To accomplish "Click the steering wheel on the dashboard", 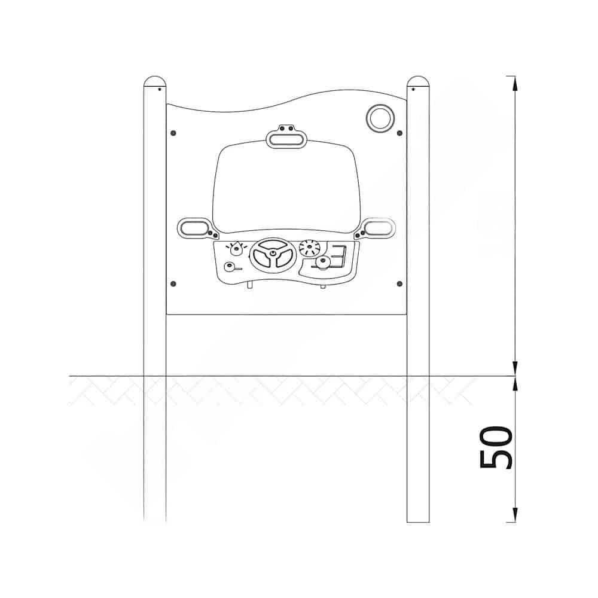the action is tap(273, 254).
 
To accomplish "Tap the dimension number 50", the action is tap(496, 447).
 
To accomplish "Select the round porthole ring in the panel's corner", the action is tap(380, 118).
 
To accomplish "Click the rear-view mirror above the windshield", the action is tap(286, 139).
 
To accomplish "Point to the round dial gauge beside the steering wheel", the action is tap(309, 248).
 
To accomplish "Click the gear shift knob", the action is tap(323, 263).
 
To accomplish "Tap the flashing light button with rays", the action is tap(237, 249).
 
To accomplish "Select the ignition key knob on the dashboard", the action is tap(230, 267).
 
